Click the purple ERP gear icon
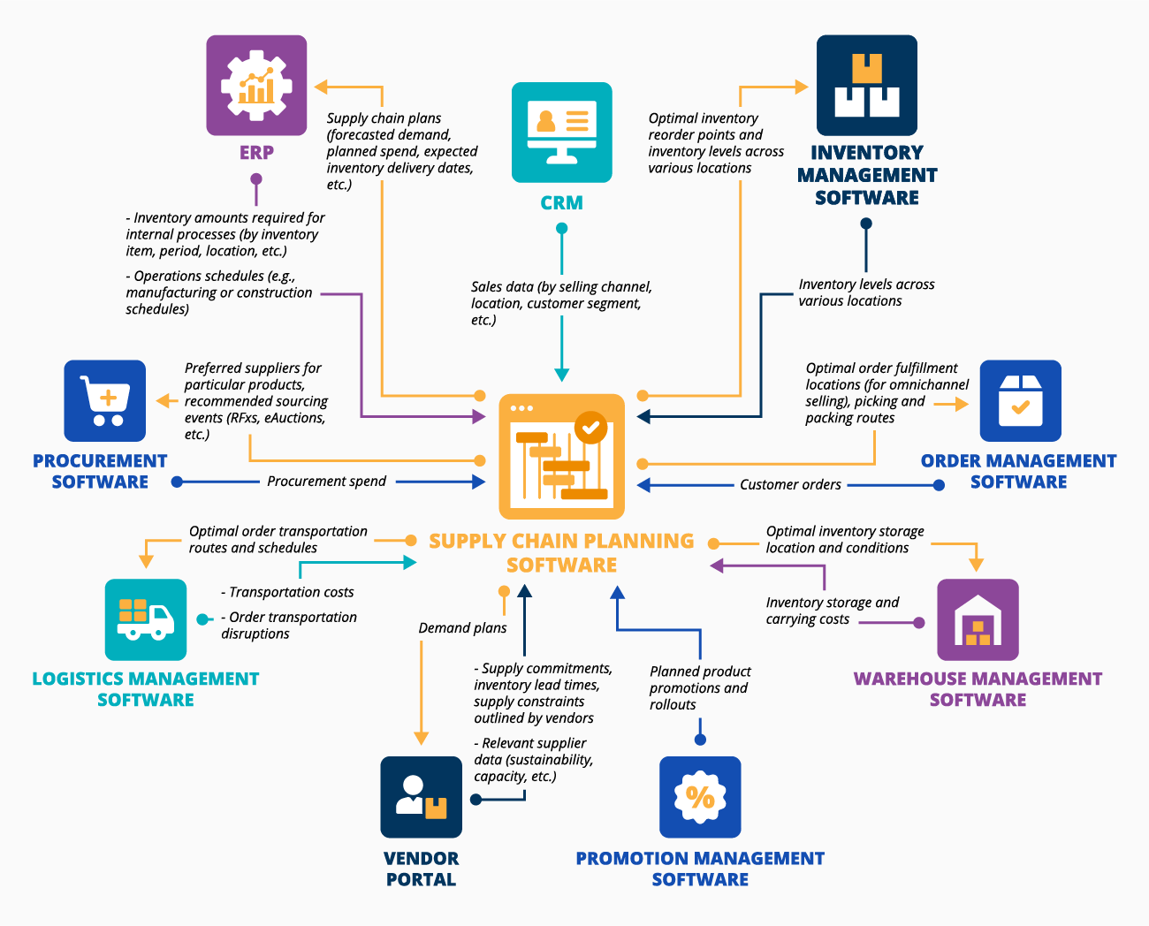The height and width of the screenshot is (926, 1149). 256,86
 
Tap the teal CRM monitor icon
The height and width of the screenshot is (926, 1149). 561,133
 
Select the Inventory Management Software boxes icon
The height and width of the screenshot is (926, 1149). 866,86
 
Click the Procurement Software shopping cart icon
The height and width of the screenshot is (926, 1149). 104,400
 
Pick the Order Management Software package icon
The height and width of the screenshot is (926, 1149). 1020,400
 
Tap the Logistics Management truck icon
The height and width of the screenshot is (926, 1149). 145,619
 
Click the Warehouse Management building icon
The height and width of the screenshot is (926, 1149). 978,619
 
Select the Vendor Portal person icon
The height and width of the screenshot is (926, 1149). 421,796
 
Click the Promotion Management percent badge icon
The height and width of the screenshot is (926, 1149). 700,796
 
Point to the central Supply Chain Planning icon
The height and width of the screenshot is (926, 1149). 561,456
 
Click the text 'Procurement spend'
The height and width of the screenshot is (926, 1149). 326,482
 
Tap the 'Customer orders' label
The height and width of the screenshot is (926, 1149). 790,485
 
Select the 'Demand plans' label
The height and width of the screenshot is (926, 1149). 462,628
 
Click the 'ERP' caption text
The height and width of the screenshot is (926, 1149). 256,153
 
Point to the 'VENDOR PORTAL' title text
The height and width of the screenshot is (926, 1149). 421,869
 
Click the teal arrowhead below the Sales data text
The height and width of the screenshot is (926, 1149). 561,375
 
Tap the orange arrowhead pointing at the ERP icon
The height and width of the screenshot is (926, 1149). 322,87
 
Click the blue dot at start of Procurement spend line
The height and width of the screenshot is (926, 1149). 178,482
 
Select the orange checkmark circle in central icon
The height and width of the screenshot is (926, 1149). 590,428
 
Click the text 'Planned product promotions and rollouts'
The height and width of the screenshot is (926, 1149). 699,688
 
